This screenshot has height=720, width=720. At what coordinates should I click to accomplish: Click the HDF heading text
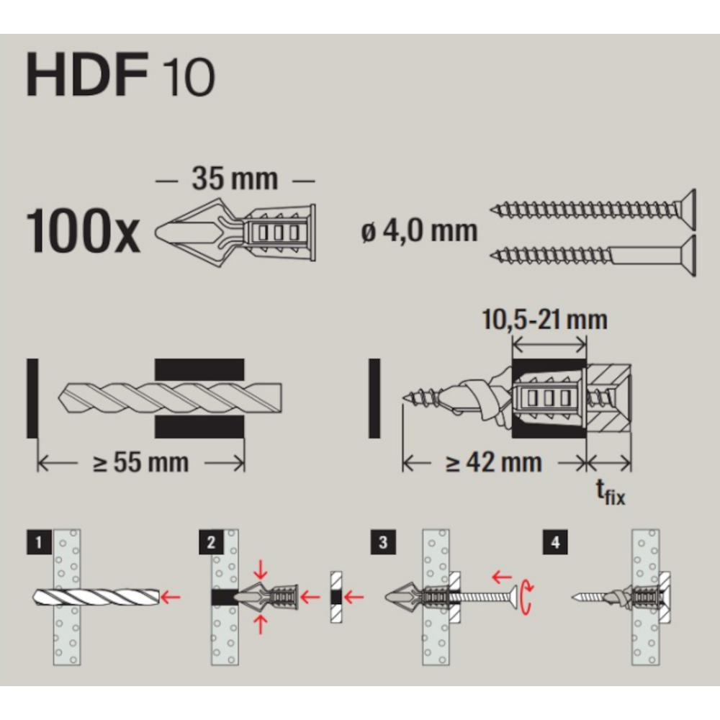[x=87, y=74]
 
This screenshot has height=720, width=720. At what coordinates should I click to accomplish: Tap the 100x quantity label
[x=83, y=230]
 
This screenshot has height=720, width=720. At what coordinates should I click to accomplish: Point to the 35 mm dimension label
[x=235, y=179]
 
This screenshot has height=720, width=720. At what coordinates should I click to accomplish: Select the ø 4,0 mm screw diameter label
[x=419, y=230]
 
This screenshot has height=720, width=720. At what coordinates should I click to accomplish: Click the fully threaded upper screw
[x=593, y=210]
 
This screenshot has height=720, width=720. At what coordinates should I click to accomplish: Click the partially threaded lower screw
[x=593, y=256]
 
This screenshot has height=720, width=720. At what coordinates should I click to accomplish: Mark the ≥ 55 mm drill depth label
[x=140, y=462]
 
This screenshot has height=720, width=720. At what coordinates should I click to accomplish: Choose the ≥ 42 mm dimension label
[x=494, y=462]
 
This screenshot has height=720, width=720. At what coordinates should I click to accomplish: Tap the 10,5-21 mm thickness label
[x=544, y=320]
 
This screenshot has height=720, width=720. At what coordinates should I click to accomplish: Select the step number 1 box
[x=39, y=542]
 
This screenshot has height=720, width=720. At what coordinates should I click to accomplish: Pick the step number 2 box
[x=211, y=542]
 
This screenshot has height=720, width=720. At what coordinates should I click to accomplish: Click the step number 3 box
[x=384, y=542]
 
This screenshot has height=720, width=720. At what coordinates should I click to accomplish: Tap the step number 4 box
[x=555, y=542]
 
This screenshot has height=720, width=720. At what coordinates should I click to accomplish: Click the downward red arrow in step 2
[x=261, y=570]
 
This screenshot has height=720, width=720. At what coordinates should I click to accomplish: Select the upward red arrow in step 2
[x=261, y=624]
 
